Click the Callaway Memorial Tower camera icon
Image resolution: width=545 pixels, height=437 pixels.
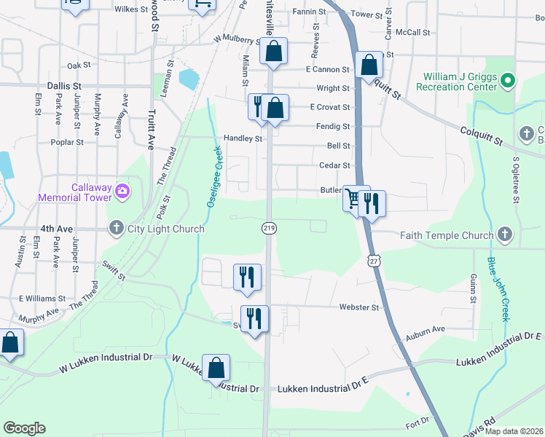pyautogui.click(x=122, y=193)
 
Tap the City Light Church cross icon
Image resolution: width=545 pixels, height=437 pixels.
pyautogui.click(x=116, y=229)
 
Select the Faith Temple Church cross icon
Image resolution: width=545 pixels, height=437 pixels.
pyautogui.click(x=504, y=235)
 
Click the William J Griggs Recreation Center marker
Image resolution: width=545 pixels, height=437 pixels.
pyautogui.click(x=509, y=80)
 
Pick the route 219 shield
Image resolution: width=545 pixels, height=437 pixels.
pyautogui.click(x=269, y=228)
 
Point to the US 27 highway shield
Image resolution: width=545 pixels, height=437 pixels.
pyautogui.click(x=374, y=260)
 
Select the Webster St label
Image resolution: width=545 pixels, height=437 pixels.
pyautogui.click(x=359, y=307)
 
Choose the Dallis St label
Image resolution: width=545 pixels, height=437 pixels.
pyautogui.click(x=63, y=86)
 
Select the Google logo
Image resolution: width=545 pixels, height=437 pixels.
pyautogui.click(x=24, y=428)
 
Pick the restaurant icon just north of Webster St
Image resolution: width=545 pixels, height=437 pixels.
pyautogui.click(x=247, y=277)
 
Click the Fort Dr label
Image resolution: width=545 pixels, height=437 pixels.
pyautogui.click(x=418, y=422)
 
